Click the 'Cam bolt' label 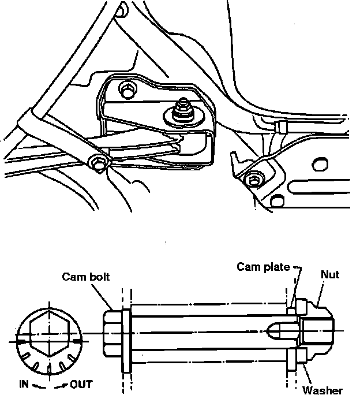[x=86, y=277]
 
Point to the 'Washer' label [x=322, y=390]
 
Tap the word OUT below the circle [x=81, y=384]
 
